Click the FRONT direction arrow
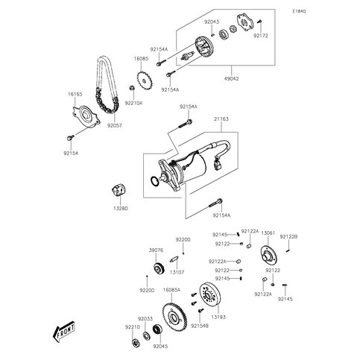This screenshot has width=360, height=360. pos(66,330)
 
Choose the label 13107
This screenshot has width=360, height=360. pos(177,274)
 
